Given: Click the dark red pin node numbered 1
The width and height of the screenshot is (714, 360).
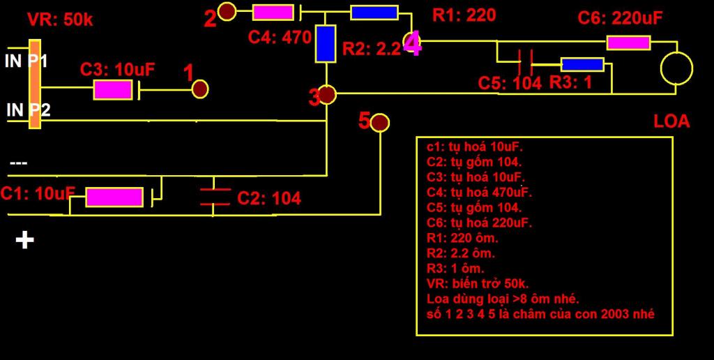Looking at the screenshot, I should pyautogui.click(x=200, y=89).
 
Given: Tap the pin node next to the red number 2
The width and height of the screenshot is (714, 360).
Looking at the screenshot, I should pyautogui.click(x=227, y=11).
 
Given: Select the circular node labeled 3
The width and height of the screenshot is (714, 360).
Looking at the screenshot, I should pyautogui.click(x=326, y=94).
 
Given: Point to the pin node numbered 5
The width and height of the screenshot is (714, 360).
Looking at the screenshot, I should pyautogui.click(x=379, y=123).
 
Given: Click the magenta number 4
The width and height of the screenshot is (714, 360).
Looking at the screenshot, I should pyautogui.click(x=413, y=45).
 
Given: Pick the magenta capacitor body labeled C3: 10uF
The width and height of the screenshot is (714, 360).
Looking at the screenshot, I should pyautogui.click(x=113, y=89).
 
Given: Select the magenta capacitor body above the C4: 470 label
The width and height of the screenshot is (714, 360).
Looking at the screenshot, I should pyautogui.click(x=273, y=12).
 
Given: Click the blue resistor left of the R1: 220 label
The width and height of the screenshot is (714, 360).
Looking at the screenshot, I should pyautogui.click(x=374, y=12).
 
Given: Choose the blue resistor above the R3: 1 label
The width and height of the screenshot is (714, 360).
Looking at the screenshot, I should pyautogui.click(x=582, y=64).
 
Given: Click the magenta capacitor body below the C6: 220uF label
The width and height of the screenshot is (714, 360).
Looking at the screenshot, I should pyautogui.click(x=628, y=43).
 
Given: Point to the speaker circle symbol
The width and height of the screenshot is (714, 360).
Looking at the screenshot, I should pyautogui.click(x=676, y=68).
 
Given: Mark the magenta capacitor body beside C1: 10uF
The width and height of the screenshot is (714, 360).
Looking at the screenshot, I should pyautogui.click(x=114, y=197).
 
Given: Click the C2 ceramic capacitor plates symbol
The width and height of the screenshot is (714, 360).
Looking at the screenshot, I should pyautogui.click(x=215, y=196).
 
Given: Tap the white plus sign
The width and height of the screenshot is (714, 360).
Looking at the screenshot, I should pyautogui.click(x=25, y=241).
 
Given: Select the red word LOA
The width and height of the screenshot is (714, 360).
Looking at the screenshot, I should pyautogui.click(x=671, y=121).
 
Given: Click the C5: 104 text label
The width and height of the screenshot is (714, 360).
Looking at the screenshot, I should pyautogui.click(x=510, y=83).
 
